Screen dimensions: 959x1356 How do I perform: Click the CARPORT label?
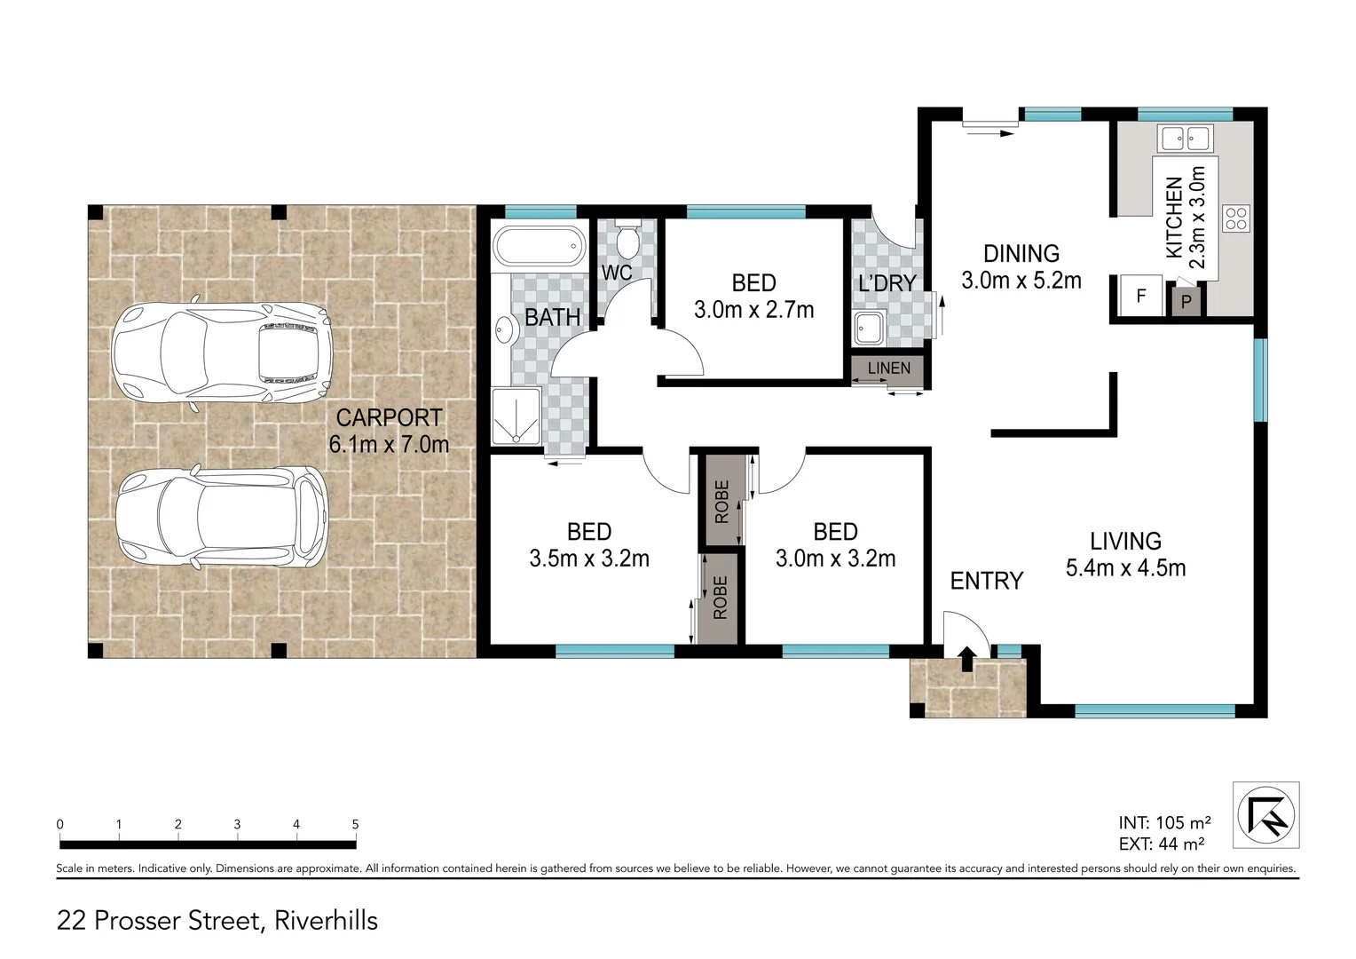coord(389,417)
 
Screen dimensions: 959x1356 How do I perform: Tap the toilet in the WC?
coord(628,237)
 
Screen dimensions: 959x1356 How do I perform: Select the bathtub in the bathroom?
coord(539,246)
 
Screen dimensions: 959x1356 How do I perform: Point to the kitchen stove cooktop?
coord(1236,218)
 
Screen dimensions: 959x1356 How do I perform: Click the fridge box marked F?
coord(1141,296)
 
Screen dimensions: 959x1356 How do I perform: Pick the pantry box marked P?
coord(1186,302)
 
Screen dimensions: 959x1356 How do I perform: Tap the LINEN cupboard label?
coord(888,368)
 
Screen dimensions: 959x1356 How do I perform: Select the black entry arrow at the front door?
coord(967,659)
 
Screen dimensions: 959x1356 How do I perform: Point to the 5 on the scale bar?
coord(355,825)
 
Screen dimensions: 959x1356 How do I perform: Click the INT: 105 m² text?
coord(1164,823)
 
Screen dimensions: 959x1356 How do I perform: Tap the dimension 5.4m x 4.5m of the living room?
coord(1125,568)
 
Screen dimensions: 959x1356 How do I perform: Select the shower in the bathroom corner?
coord(516,415)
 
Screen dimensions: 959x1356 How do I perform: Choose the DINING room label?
coord(1021,254)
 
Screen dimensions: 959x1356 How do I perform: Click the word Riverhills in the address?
coord(327,921)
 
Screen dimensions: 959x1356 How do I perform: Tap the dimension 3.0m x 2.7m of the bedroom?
coord(753,310)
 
